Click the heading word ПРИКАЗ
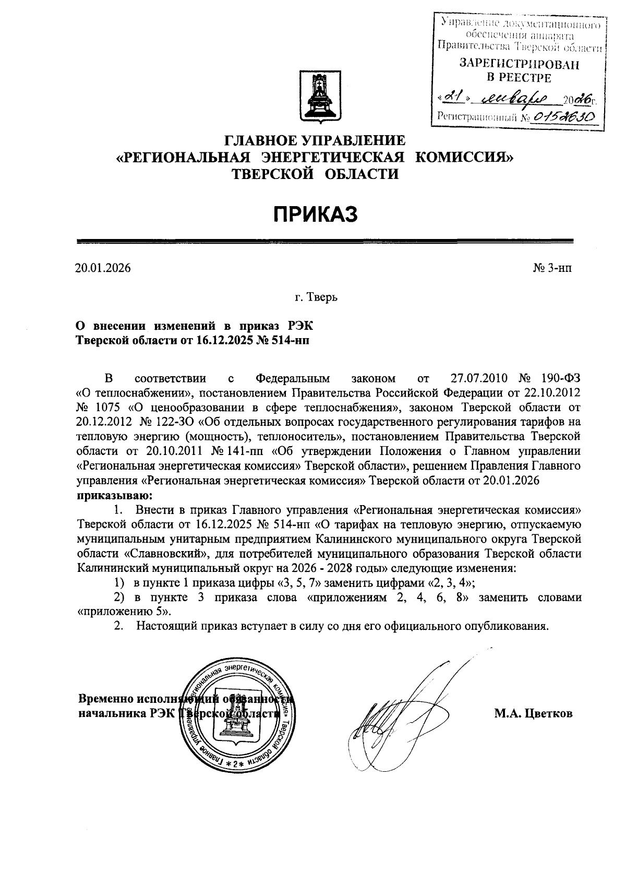click(x=316, y=214)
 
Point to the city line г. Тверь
click(x=316, y=297)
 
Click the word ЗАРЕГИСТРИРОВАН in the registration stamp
click(x=519, y=64)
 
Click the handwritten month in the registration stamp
click(x=514, y=98)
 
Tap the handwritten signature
click(x=396, y=715)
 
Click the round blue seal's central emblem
click(x=236, y=722)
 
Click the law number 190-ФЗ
click(x=559, y=378)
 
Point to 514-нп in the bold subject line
click(x=289, y=340)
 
